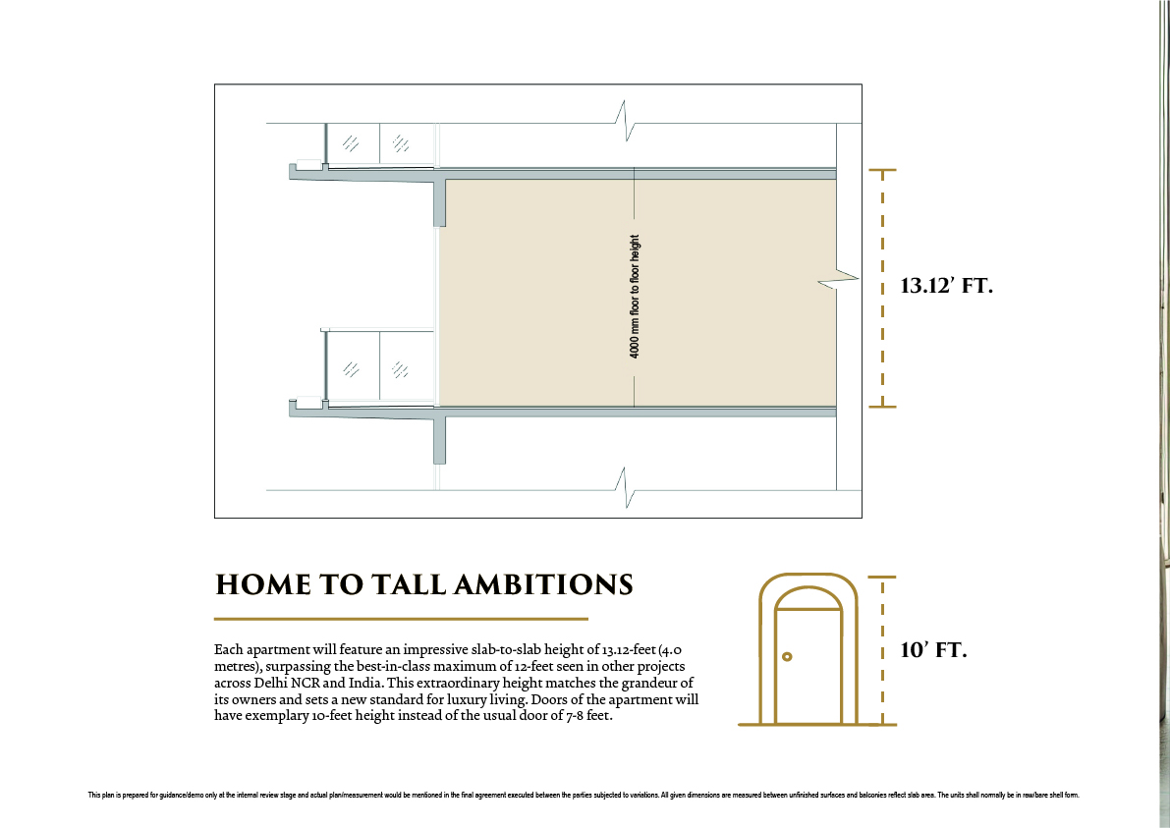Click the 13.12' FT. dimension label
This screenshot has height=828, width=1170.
tap(946, 286)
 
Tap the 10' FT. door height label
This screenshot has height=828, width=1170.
tap(932, 649)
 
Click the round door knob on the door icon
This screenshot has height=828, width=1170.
tap(787, 656)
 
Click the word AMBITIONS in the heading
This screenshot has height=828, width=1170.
tap(543, 584)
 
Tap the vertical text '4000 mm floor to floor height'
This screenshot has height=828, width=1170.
tap(635, 297)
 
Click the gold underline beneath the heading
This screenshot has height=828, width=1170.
tap(401, 619)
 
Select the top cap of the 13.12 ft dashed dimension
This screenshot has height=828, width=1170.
tap(883, 171)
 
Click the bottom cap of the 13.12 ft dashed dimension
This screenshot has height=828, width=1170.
tap(883, 407)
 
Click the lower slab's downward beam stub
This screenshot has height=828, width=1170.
tap(439, 440)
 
